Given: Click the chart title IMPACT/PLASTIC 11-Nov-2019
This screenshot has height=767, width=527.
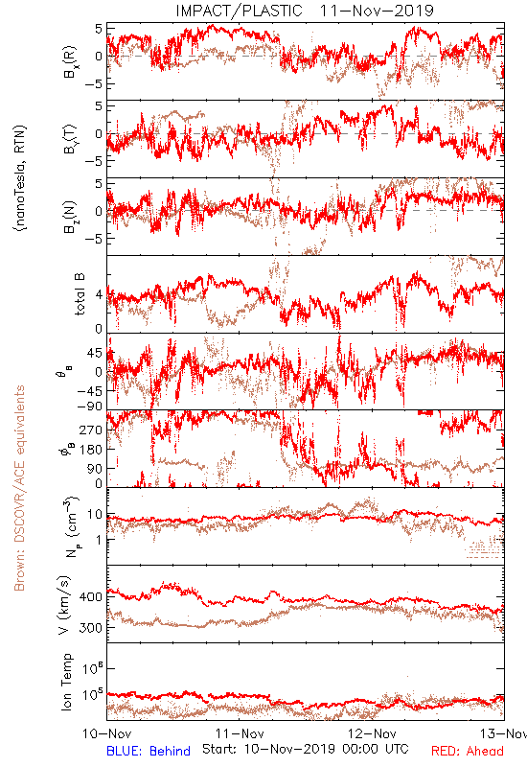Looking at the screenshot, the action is tap(305, 11).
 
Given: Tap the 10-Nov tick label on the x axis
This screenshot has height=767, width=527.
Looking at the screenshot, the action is tap(107, 733).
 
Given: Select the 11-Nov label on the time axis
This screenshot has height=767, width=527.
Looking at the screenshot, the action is tap(240, 733).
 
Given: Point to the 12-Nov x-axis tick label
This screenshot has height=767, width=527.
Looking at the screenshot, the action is tap(372, 733).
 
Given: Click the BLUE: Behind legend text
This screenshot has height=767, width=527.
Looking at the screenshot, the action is tap(149, 751).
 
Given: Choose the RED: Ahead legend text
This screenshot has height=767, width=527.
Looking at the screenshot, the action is tap(467, 751).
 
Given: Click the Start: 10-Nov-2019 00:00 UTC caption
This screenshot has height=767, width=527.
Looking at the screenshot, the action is tap(305, 749).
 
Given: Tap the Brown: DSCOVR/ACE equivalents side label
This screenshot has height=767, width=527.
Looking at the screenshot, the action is tap(19, 488).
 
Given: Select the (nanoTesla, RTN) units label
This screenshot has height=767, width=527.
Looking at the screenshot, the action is tap(20, 178).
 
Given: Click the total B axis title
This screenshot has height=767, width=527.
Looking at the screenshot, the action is tap(80, 294).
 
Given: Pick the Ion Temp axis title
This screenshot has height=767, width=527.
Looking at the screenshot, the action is tap(66, 682).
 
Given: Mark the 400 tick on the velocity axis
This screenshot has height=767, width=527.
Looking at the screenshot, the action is tap(90, 596).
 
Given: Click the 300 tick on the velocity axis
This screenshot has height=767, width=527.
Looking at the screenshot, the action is tap(90, 628).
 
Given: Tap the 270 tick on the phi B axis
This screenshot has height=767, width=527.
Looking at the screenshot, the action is tap(91, 430).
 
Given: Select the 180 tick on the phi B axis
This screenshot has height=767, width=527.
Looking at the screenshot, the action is tap(91, 449).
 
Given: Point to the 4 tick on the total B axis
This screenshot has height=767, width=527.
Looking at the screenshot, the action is tap(99, 295).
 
